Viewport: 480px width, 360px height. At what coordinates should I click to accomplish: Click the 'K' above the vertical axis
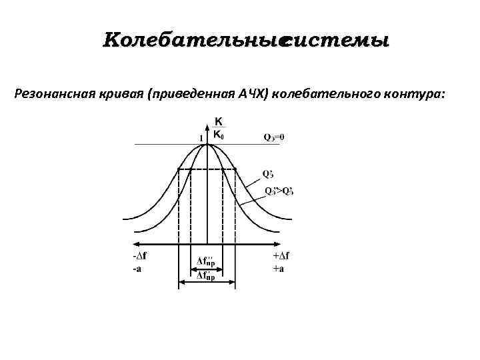[x=218, y=122]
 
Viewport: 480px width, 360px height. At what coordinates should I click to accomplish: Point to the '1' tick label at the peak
[x=201, y=137]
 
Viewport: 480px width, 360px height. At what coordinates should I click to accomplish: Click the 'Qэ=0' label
[x=273, y=138]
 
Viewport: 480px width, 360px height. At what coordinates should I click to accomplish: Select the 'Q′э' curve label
[x=268, y=174]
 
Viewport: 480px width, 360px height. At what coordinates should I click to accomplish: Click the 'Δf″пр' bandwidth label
[x=206, y=260]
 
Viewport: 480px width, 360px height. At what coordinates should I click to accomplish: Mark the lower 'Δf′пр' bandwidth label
[x=206, y=275]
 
